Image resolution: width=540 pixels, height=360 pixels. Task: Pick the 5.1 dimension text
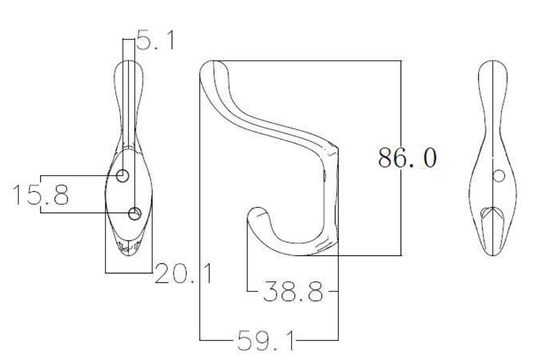pyautogui.click(x=155, y=41)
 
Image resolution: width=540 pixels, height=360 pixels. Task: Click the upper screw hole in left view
pyautogui.click(x=122, y=175)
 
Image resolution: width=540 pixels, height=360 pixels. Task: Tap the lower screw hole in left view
pyautogui.click(x=135, y=214)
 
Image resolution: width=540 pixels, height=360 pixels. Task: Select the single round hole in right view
pyautogui.click(x=499, y=175)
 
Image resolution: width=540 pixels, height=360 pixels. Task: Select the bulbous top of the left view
pyautogui.click(x=129, y=75)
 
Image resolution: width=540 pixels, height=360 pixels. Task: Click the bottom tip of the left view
pyautogui.click(x=129, y=253)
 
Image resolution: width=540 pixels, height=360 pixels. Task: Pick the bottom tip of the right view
pyautogui.click(x=492, y=253)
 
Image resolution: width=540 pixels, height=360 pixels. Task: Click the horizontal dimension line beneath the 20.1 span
pyautogui.click(x=129, y=272)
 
